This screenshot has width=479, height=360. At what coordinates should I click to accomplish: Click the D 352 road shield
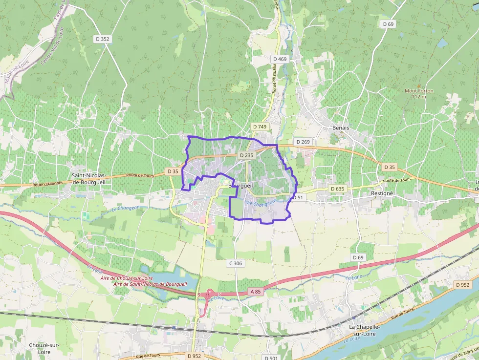(x=102, y=39)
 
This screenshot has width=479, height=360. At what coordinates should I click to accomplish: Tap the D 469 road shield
(x=280, y=59)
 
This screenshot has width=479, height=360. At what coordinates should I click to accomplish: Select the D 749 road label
(x=260, y=127)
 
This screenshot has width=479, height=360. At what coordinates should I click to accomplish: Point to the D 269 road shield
(x=303, y=142)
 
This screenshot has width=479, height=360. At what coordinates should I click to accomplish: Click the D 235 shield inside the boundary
(x=247, y=155)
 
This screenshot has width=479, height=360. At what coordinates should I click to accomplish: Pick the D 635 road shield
(x=337, y=189)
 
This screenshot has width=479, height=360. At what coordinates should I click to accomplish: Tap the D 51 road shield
(x=297, y=197)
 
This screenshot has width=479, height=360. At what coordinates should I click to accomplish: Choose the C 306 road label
(x=235, y=263)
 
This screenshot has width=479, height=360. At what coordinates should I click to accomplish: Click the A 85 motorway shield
(x=256, y=292)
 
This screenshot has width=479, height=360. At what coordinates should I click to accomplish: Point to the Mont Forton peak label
(x=419, y=93)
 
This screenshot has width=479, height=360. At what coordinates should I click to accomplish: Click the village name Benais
(x=341, y=127)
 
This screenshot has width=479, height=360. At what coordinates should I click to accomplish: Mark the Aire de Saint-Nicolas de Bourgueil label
(x=150, y=284)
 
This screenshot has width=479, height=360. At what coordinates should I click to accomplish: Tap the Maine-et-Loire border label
(x=17, y=71)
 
